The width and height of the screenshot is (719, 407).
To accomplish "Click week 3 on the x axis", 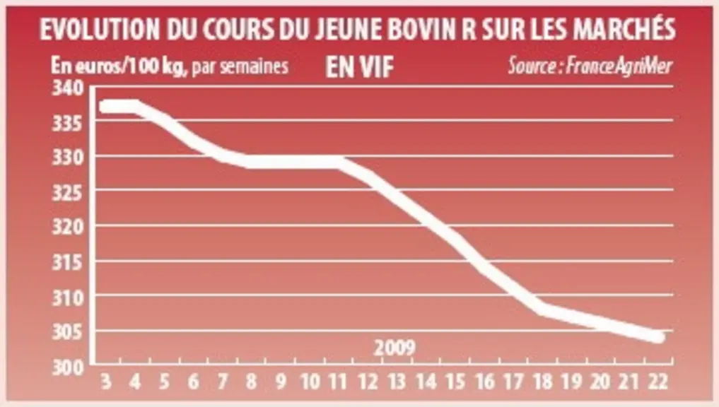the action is pos(106,382).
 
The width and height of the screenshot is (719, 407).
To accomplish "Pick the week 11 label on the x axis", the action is pos(338,382).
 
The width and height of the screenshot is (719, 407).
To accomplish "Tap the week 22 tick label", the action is pos(658,382).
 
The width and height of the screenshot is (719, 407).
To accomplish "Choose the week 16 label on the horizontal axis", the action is pos(484,382).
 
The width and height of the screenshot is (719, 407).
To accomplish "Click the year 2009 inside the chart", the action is pos(394,348).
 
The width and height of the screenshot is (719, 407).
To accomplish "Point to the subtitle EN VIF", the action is pos(359,68).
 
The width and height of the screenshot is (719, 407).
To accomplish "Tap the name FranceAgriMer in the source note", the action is pos(619,66).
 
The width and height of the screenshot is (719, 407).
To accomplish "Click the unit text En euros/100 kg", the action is pos(119,66).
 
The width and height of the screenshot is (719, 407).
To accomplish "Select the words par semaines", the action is pos(240,66).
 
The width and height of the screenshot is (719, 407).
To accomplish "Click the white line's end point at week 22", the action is pos(659,337).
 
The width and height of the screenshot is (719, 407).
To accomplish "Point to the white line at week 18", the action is pos(543,309).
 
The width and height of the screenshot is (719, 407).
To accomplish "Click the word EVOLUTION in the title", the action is pos(100,30).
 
